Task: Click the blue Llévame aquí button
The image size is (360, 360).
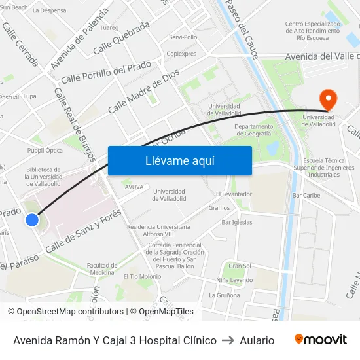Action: (179, 161)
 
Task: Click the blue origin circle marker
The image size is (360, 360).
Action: (32, 220)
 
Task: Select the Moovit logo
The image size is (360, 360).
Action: (321, 340)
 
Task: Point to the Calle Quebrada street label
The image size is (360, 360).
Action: (122, 40)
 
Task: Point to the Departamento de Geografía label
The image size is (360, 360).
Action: (253, 130)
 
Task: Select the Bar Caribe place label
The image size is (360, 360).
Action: (306, 195)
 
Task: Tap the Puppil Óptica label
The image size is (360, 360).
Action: (45, 150)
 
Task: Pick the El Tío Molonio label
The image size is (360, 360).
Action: (141, 276)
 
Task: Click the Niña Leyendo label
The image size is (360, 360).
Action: (234, 280)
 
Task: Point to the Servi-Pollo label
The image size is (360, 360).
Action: (183, 37)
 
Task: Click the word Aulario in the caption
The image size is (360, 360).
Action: (257, 340)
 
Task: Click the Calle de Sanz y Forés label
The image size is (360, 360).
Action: (83, 232)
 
